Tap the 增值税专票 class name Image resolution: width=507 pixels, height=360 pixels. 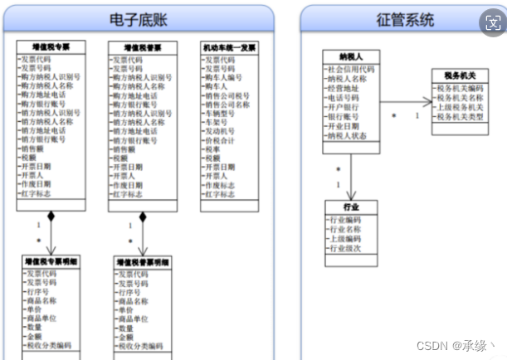[51, 48]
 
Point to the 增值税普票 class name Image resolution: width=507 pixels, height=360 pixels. [142, 48]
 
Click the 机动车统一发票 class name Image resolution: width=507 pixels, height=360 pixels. [230, 48]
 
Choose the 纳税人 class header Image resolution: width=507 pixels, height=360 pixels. [351, 56]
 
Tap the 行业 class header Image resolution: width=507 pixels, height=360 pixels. [351, 207]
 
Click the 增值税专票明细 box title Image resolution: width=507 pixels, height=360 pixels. [51, 262]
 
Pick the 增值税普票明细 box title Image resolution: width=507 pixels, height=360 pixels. [142, 262]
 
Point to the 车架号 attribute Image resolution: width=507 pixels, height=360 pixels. [218, 122]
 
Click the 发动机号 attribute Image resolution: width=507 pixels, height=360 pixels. [222, 131]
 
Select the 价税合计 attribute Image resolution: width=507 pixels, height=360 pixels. [222, 140]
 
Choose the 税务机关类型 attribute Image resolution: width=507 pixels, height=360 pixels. [459, 116]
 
